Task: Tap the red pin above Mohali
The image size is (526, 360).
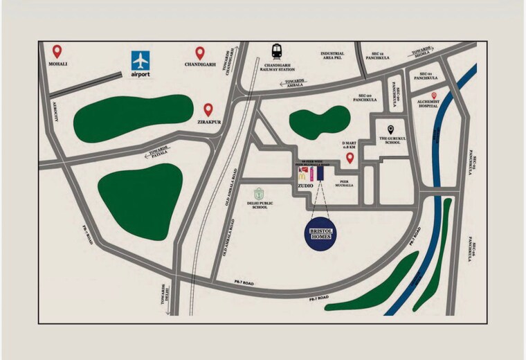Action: pyautogui.click(x=57, y=51)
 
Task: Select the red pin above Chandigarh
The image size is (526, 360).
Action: pyautogui.click(x=200, y=52)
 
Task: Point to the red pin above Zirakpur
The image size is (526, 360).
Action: pyautogui.click(x=208, y=109)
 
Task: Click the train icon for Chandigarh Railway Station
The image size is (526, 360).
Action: pyautogui.click(x=277, y=51)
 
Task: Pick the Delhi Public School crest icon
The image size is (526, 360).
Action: pyautogui.click(x=260, y=194)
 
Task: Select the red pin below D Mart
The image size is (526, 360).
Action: pyautogui.click(x=350, y=159)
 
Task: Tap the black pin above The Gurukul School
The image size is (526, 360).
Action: pyautogui.click(x=391, y=129)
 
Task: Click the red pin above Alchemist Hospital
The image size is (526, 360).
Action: pyautogui.click(x=434, y=96)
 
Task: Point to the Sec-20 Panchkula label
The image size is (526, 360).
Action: pyautogui.click(x=365, y=99)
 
